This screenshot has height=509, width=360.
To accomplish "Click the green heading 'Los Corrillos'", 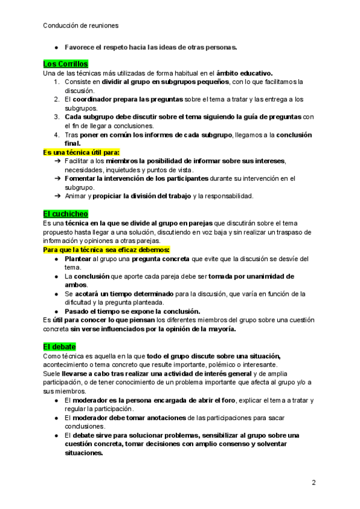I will click(x=65, y=64).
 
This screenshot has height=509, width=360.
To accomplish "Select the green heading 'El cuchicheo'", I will click(x=65, y=214).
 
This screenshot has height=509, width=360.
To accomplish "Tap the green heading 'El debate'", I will click(x=60, y=347).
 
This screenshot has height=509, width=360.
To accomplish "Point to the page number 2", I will click(x=313, y=483).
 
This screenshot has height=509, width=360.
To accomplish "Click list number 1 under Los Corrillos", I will click(x=56, y=82).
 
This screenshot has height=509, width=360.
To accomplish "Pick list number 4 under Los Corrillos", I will click(x=56, y=135).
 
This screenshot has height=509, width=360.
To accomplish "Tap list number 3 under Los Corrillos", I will click(x=56, y=117).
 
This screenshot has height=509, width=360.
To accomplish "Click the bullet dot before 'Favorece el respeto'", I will click(x=56, y=46).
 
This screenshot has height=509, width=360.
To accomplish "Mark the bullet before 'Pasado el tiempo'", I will click(x=56, y=312).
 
